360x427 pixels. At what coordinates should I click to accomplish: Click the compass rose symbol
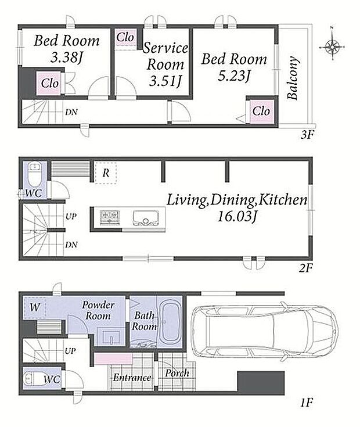[x=332, y=47]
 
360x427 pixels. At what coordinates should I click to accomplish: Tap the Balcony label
[x=293, y=78]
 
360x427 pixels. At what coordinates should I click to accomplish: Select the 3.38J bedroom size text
[x=66, y=58]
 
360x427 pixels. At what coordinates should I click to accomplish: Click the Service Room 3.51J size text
[x=165, y=81]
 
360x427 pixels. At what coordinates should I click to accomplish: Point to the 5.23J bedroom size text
[x=234, y=76]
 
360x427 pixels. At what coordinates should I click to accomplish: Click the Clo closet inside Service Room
[x=125, y=37]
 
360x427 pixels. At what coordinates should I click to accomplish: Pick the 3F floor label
[x=308, y=135]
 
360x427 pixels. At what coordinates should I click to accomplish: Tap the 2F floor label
[x=306, y=268]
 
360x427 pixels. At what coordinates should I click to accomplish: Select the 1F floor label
[x=307, y=403]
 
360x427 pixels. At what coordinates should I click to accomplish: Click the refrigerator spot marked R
[x=106, y=173]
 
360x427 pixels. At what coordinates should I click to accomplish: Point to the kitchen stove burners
[x=109, y=218]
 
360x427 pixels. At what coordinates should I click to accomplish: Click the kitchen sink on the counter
[x=145, y=218]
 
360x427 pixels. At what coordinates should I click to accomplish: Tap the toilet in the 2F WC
[x=35, y=174]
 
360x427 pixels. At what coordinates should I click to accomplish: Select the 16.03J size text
[x=237, y=217]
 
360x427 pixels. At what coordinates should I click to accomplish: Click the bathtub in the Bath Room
[x=170, y=322]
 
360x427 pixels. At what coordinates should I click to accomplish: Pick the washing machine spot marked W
[x=35, y=307]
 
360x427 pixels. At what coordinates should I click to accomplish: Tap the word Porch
[x=177, y=373]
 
